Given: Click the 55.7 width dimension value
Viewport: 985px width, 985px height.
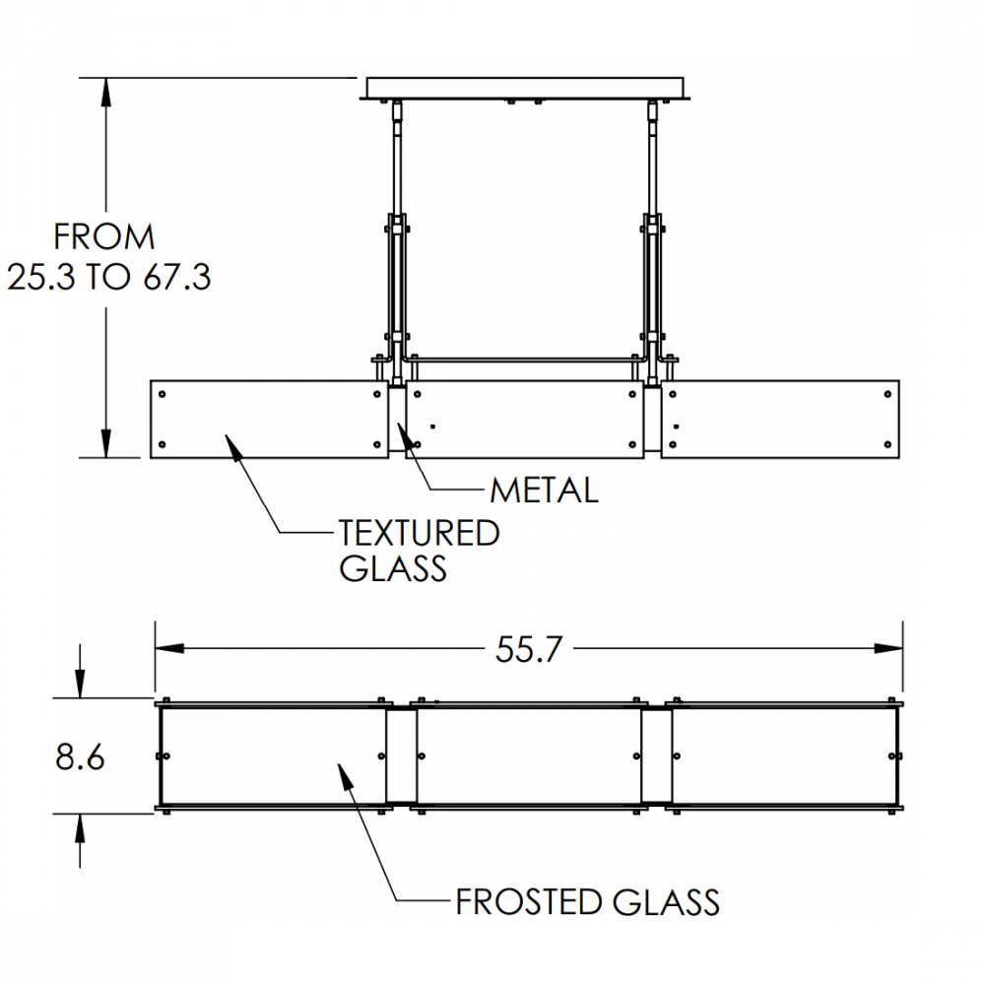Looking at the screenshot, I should [529, 649].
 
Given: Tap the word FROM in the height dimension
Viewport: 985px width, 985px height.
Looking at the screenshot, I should [103, 237].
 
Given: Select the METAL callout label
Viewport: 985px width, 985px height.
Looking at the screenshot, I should [544, 490].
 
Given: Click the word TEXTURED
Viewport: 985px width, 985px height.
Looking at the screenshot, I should [420, 534].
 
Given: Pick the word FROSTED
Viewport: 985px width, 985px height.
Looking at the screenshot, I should [527, 902].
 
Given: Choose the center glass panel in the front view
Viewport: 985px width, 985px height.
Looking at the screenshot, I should [524, 419].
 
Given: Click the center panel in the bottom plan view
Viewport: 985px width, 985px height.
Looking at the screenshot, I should [528, 756].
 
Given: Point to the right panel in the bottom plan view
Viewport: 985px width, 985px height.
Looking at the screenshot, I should [784, 756].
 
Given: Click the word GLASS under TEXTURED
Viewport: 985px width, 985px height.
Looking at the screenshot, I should [394, 568].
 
